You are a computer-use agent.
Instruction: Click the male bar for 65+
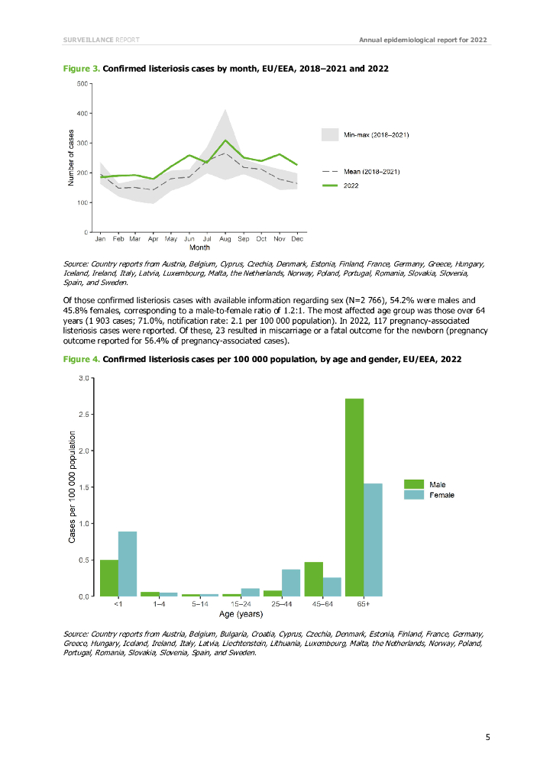354,497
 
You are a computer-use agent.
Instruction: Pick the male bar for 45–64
313,579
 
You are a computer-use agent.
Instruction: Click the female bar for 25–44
291,583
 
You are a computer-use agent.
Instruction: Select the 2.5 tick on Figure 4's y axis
85,415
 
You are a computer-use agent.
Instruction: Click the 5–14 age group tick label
199,604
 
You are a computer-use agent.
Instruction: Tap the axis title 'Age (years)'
241,614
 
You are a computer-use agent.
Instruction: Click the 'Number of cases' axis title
71,157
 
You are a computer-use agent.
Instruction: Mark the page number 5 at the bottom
487,737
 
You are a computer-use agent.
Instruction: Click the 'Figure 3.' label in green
81,69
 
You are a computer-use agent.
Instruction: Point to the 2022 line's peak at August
225,141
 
